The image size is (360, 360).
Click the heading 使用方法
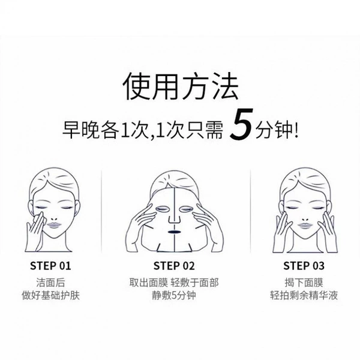181,87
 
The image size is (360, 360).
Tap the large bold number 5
242,125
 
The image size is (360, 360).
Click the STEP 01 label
50,266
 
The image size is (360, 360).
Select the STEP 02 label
174,266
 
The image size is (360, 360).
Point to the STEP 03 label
304,266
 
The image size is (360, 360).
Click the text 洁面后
50,283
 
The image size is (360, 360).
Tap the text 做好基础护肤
50,295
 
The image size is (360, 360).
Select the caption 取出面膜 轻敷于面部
174,283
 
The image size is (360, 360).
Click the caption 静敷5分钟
174,295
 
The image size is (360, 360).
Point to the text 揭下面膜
304,283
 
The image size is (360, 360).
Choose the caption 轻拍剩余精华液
304,295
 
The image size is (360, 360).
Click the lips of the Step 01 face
54,225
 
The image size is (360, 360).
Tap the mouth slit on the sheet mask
174,232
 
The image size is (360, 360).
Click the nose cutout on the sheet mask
174,219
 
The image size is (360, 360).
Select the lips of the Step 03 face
304,225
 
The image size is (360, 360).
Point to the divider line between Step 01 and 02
101,211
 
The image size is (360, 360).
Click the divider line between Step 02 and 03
250,211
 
